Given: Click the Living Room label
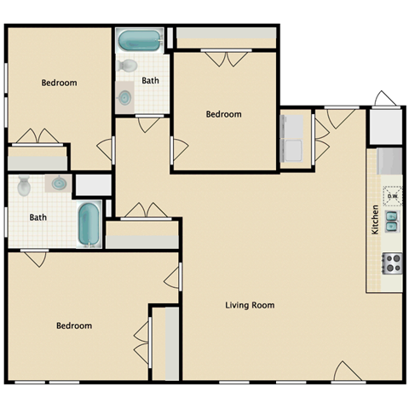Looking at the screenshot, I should point(250,305).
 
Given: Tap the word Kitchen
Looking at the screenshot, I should point(375,221).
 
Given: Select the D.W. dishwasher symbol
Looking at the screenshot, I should point(392,195).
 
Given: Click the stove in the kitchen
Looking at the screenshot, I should point(392,263).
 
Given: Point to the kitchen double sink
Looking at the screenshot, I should point(391,222).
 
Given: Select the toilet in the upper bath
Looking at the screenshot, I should point(128,66).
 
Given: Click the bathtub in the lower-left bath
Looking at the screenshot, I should point(89,224).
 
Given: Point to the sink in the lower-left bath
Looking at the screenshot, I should point(60,183).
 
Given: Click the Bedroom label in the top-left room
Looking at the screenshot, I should point(60,83).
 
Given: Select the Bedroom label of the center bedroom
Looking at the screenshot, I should point(224,114).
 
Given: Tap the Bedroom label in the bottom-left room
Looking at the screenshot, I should point(74,325).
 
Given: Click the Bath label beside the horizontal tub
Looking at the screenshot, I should point(150,81).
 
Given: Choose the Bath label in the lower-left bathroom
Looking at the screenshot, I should point(38,217).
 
